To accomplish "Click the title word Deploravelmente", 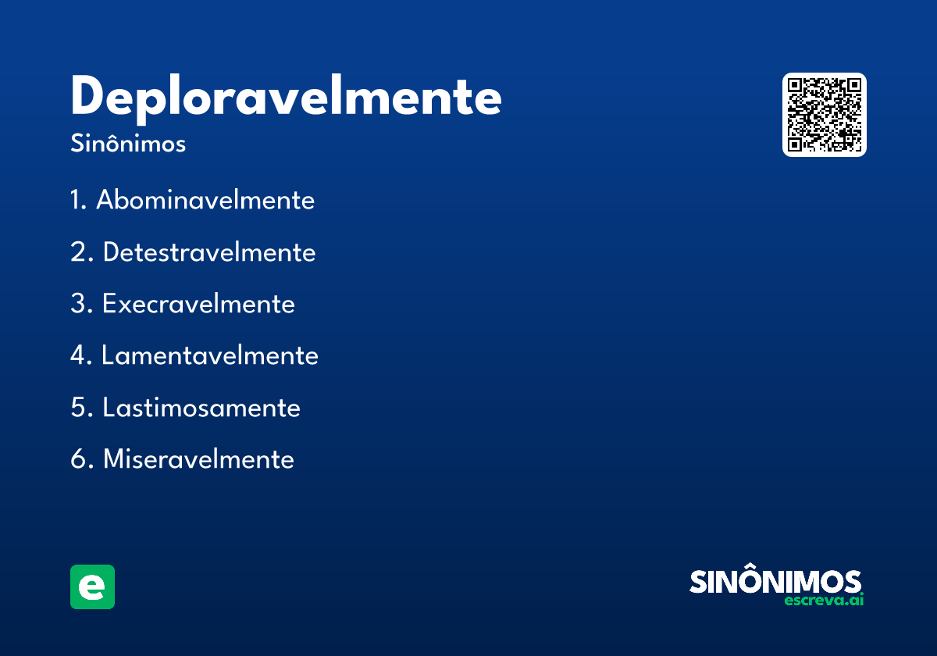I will [x=286, y=98].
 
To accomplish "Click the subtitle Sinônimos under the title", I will [x=128, y=144].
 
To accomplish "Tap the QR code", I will [x=825, y=115].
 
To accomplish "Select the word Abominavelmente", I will [x=205, y=201].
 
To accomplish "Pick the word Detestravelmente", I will [x=209, y=252].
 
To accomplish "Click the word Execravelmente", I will [x=198, y=304].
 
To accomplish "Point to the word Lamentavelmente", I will [x=210, y=356].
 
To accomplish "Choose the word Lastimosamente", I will [x=201, y=408].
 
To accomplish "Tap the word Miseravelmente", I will [x=198, y=459].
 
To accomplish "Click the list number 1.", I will [x=76, y=201].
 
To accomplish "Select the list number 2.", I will [x=78, y=252].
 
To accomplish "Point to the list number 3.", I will [x=78, y=304].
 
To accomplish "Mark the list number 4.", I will [x=78, y=356].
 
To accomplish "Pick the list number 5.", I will [x=78, y=408].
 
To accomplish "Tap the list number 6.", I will [x=78, y=459].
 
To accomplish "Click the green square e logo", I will [x=92, y=586].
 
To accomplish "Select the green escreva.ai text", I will [x=823, y=601].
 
